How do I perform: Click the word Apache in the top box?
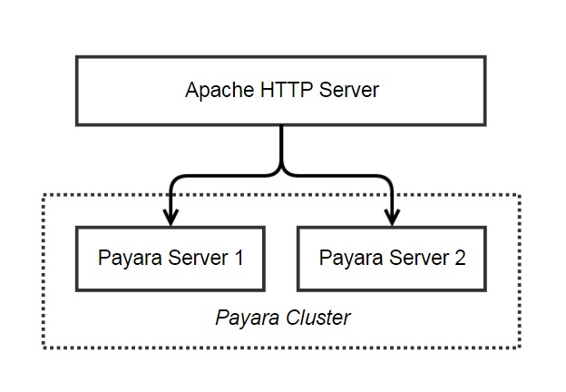click(220, 90)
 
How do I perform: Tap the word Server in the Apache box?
click(348, 90)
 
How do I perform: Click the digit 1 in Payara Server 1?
click(239, 258)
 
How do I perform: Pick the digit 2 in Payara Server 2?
click(460, 258)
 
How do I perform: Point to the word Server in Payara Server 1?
click(198, 258)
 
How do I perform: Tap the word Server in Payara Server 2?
click(419, 258)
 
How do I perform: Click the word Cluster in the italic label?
click(318, 318)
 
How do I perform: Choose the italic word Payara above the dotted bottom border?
click(248, 319)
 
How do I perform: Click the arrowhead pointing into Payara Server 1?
click(171, 217)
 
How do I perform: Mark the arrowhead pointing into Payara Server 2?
click(392, 217)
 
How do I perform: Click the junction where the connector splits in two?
click(281, 172)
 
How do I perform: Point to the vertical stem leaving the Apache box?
click(281, 146)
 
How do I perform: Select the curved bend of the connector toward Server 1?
click(175, 181)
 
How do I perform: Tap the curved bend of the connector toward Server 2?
click(387, 181)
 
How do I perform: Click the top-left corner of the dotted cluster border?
click(44, 195)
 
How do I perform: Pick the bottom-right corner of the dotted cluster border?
click(520, 348)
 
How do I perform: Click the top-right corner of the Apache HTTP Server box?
click(485, 57)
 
